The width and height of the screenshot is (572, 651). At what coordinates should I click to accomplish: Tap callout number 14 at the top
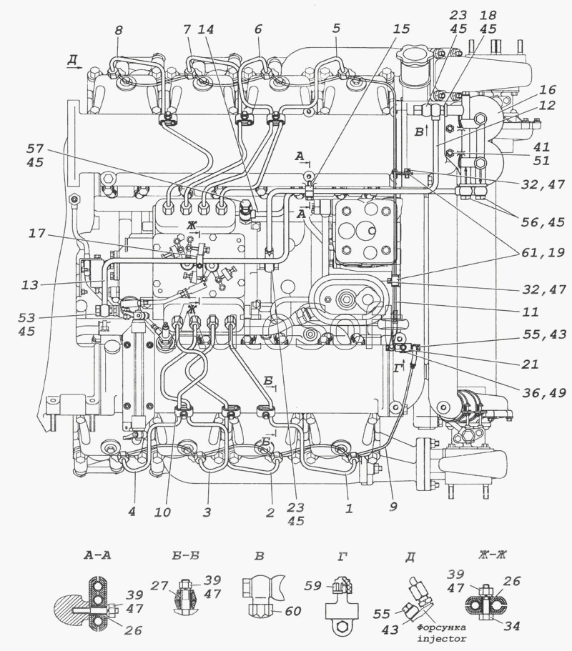pos(207,30)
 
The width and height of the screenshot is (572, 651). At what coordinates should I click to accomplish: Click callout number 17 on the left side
pos(37,234)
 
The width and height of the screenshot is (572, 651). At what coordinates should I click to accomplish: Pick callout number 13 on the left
pos(29,285)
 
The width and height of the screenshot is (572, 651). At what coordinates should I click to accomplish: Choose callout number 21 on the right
pos(530,364)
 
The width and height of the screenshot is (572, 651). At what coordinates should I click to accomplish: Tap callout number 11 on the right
pos(530,312)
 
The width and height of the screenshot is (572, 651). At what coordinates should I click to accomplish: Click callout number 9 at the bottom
pos(393,506)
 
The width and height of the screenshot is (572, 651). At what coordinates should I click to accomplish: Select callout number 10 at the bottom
pos(162,512)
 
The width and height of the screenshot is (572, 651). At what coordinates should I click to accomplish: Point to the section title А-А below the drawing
pos(97,555)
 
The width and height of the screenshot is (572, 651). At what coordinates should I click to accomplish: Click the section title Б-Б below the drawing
pos(185,555)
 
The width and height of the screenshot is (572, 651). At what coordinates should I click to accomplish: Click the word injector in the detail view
pos(442,639)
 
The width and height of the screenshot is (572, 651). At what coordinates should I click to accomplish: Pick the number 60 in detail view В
pos(292,611)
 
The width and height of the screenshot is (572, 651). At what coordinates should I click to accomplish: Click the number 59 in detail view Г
pos(312,586)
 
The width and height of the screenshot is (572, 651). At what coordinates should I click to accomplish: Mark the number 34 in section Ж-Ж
pos(511,626)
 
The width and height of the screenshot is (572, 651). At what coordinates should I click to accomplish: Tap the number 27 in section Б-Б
pos(159,586)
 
